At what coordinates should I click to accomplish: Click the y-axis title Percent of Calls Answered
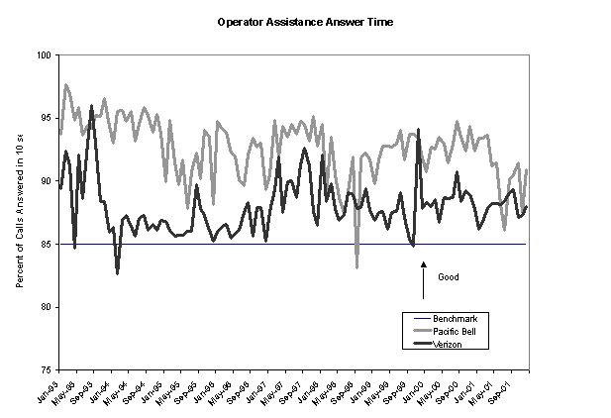tap(21, 212)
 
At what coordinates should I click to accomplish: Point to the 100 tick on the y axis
tap(45, 55)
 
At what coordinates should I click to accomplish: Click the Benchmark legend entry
tap(456, 318)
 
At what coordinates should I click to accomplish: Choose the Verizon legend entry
tap(450, 344)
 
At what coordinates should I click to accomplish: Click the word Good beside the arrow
tap(449, 277)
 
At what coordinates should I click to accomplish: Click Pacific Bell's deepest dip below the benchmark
tap(357, 266)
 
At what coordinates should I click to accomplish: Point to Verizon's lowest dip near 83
tap(118, 272)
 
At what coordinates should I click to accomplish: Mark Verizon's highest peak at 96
tap(91, 106)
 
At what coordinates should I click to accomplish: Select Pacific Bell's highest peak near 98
tap(65, 85)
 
